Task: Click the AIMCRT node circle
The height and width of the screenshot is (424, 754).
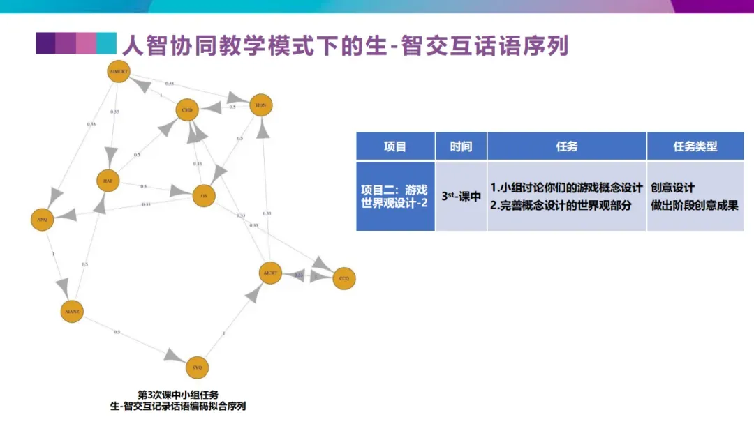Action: pos(119,71)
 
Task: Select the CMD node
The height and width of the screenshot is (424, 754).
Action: pos(186,110)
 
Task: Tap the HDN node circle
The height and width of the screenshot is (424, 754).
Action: pos(260,105)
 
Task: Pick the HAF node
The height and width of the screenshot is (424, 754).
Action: pos(108,181)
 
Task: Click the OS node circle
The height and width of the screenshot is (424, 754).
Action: pos(204,197)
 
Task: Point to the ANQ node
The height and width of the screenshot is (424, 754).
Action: pos(42,220)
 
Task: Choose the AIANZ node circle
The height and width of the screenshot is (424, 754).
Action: pos(71,311)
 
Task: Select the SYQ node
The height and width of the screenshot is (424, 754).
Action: pos(198,367)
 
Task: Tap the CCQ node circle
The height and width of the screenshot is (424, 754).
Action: pos(343,278)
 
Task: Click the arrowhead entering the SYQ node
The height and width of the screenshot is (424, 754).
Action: pos(176,356)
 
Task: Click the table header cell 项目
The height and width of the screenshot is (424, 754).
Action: pos(395,146)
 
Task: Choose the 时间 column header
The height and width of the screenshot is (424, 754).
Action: pos(461,146)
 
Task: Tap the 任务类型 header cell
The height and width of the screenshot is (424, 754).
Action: pos(695,146)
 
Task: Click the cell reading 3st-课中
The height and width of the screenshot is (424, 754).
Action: pos(461,197)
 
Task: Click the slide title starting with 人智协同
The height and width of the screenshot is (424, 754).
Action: pos(345,46)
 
